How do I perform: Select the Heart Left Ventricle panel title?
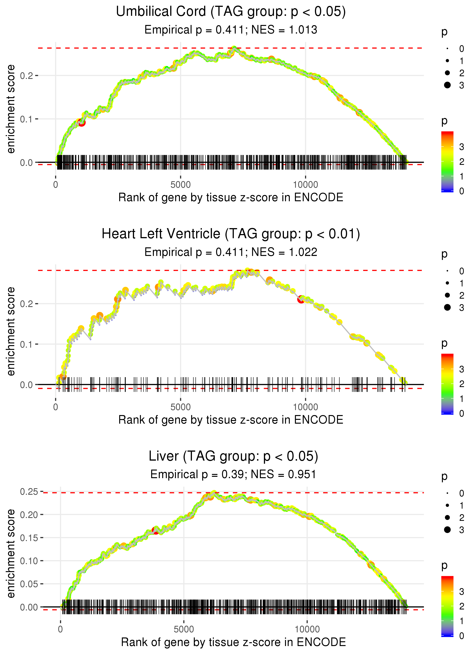point(231,234)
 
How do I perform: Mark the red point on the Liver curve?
point(156,531)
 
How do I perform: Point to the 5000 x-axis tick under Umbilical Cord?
point(180,185)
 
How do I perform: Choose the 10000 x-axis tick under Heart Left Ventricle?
point(305,407)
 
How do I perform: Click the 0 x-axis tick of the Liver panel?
point(60,629)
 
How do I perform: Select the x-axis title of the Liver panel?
point(233,642)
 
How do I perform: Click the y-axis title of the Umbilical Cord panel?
point(11,109)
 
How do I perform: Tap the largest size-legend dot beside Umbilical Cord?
point(447,85)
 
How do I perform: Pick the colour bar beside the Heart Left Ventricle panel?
point(447,384)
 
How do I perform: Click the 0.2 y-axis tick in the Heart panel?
point(26,304)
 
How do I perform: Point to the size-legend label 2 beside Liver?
point(462,518)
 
